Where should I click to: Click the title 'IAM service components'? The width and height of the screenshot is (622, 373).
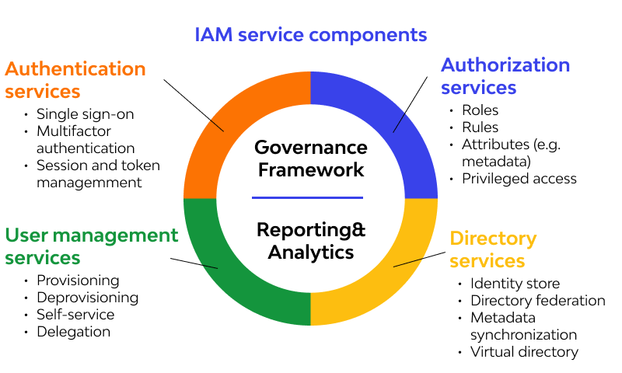[x=310, y=34]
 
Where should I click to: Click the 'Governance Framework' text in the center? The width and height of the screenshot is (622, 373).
[x=310, y=158]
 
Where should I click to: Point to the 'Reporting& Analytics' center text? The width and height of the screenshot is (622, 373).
[x=310, y=241]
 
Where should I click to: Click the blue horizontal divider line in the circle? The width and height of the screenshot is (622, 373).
[x=310, y=197]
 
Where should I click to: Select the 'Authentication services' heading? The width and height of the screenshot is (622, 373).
[x=75, y=79]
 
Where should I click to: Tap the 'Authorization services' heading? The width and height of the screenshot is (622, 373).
[x=505, y=75]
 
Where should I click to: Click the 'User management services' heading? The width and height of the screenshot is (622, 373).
[x=91, y=246]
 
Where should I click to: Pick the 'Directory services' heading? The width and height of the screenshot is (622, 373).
[x=493, y=249]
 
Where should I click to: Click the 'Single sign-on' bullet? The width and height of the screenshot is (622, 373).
[x=85, y=114]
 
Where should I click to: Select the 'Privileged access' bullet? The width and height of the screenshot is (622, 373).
[x=519, y=179]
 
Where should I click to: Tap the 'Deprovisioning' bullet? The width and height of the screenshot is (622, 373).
[x=87, y=298]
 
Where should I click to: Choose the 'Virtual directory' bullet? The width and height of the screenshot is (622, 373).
[x=524, y=352]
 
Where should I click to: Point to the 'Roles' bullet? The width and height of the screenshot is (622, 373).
[x=480, y=110]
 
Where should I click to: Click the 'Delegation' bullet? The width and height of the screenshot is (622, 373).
[x=73, y=332]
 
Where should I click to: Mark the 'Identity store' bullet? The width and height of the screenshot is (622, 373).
[x=515, y=284]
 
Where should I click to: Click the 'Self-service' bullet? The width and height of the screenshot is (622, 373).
[x=75, y=315]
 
